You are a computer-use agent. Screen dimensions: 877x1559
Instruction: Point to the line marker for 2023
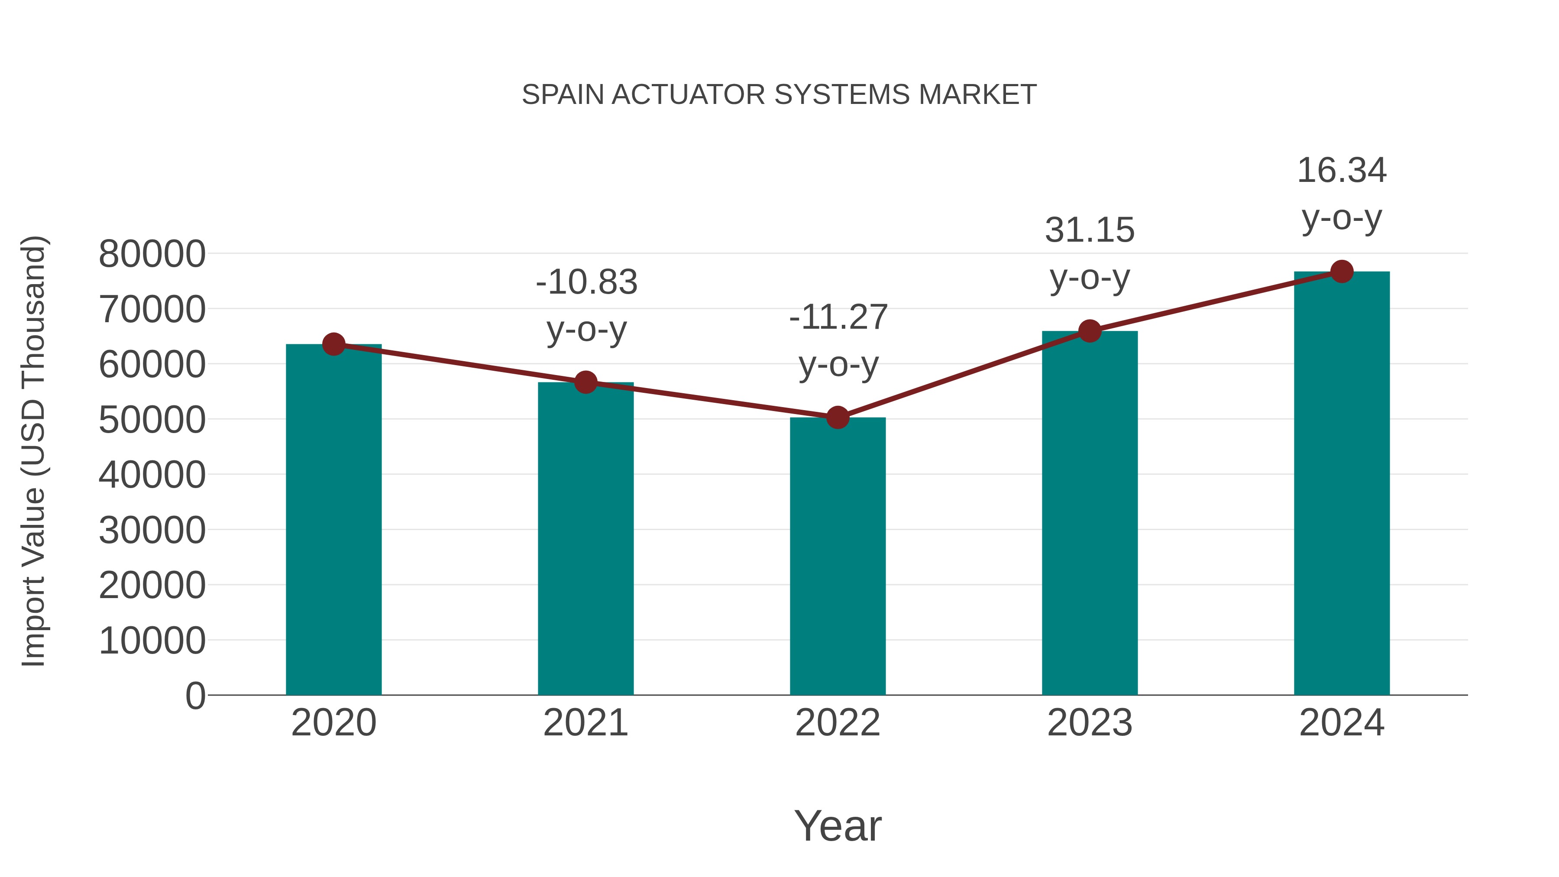(x=1090, y=331)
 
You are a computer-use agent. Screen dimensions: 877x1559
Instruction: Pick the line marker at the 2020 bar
(x=333, y=344)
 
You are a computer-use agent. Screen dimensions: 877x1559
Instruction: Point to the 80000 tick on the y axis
(x=152, y=254)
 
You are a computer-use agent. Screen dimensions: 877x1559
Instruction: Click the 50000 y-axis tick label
(x=152, y=420)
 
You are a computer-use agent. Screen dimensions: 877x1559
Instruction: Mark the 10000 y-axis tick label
(x=152, y=641)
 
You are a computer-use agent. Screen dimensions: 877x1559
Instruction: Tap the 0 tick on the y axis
(x=195, y=696)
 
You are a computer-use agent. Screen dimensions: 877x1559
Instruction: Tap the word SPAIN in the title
(x=563, y=95)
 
